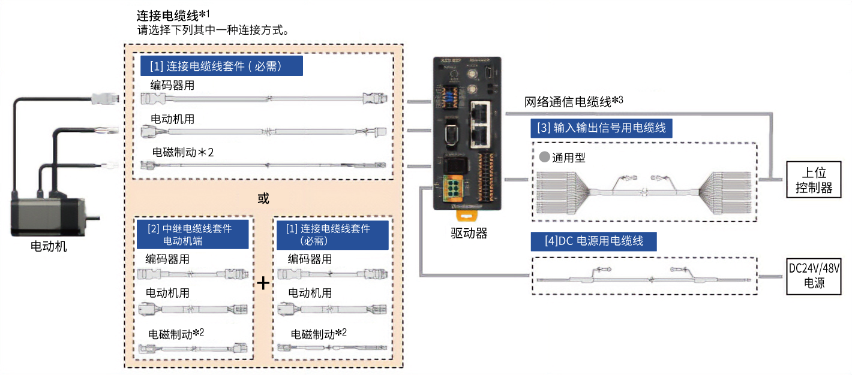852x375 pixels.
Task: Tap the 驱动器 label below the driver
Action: (x=469, y=233)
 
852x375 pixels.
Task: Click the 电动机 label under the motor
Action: (x=49, y=246)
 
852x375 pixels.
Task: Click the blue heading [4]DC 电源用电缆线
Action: (x=593, y=241)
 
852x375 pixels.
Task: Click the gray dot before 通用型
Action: (x=544, y=158)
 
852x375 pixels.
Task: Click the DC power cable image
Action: (x=642, y=277)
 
